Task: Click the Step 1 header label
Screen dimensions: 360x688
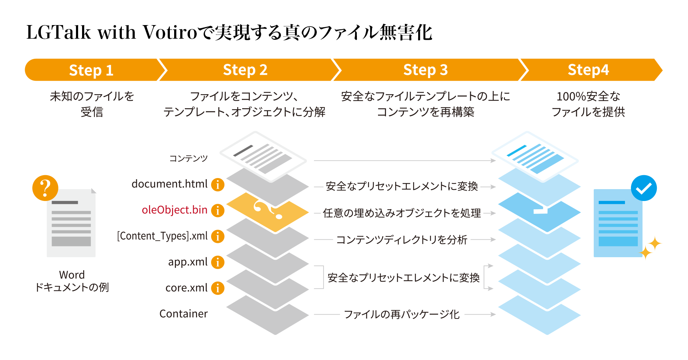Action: [91, 70]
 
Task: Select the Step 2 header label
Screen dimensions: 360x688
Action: [245, 70]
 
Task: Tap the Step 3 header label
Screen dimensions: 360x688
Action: [425, 70]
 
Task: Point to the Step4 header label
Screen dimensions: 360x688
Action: [588, 70]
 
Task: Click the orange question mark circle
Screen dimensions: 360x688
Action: [45, 188]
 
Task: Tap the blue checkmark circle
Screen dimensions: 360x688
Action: [644, 188]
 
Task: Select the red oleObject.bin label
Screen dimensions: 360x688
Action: [175, 210]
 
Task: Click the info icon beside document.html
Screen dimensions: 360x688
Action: [218, 184]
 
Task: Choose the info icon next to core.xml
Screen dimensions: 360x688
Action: [218, 288]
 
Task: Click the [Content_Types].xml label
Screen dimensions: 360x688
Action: [162, 236]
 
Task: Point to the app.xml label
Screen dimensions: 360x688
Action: [188, 262]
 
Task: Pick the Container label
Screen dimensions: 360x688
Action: [183, 314]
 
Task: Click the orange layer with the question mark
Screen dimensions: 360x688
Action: [267, 212]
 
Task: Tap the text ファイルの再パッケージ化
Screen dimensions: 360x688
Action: [402, 315]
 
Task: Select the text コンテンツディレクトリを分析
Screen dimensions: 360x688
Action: [402, 240]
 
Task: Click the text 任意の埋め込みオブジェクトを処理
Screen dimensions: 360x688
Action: [402, 213]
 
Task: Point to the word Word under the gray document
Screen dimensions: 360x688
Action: [72, 275]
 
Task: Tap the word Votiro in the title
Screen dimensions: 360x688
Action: [170, 33]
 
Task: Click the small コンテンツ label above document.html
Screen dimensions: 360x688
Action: [188, 158]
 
